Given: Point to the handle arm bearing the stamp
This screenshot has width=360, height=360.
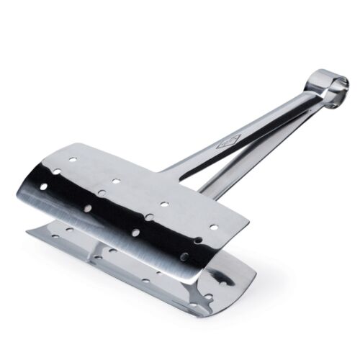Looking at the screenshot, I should click(238, 137).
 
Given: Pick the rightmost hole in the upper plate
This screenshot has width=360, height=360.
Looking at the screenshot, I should click(212, 225).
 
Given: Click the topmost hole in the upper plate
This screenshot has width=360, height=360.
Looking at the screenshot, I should click(73, 154).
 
